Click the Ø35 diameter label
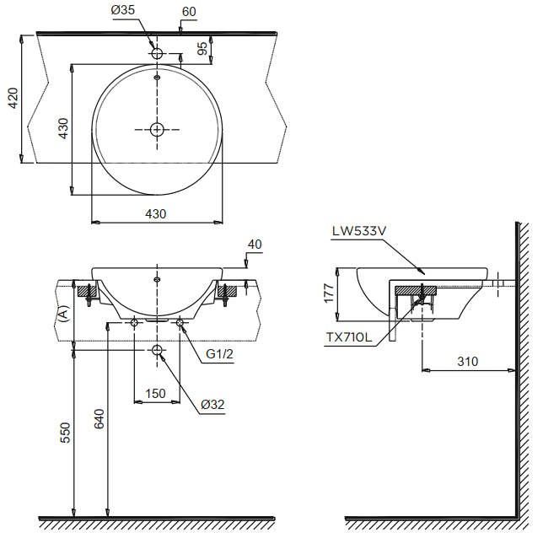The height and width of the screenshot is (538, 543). [123, 11]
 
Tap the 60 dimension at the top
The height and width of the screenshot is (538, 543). [188, 11]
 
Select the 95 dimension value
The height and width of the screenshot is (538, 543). [202, 49]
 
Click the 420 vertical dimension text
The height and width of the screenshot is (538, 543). [11, 99]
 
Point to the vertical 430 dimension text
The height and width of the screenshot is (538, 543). [62, 128]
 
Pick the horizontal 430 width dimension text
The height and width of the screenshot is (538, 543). [156, 214]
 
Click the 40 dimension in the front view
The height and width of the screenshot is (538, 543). [255, 245]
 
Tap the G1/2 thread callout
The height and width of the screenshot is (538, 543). [219, 354]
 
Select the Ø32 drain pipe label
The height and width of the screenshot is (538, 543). [212, 405]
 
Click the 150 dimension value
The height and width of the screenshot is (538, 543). [156, 393]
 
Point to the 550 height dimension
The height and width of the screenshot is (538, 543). [65, 432]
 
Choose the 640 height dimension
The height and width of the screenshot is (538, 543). [98, 419]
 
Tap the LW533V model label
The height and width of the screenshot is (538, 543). [359, 229]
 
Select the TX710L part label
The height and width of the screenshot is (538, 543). [349, 337]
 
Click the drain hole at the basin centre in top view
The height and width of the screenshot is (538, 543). [157, 129]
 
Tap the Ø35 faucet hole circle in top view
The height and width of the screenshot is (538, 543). [157, 53]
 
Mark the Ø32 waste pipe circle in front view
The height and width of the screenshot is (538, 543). [158, 350]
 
